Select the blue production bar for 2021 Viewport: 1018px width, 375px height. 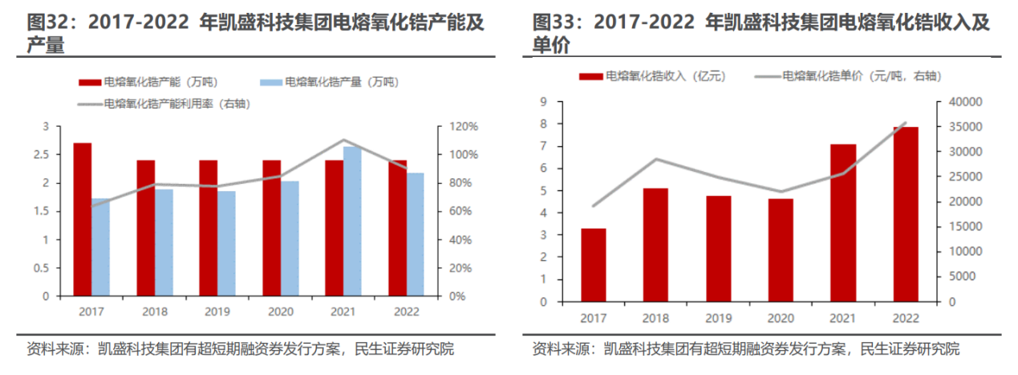[352, 221]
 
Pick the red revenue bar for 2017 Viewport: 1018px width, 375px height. [593, 265]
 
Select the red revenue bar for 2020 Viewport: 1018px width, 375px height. [781, 250]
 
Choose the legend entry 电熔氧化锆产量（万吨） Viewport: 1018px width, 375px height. [329, 82]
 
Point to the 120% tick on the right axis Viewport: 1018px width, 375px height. [463, 127]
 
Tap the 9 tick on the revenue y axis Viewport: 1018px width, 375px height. [543, 102]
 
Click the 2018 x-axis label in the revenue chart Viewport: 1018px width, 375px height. [655, 319]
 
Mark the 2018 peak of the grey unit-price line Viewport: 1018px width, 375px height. [656, 159]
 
